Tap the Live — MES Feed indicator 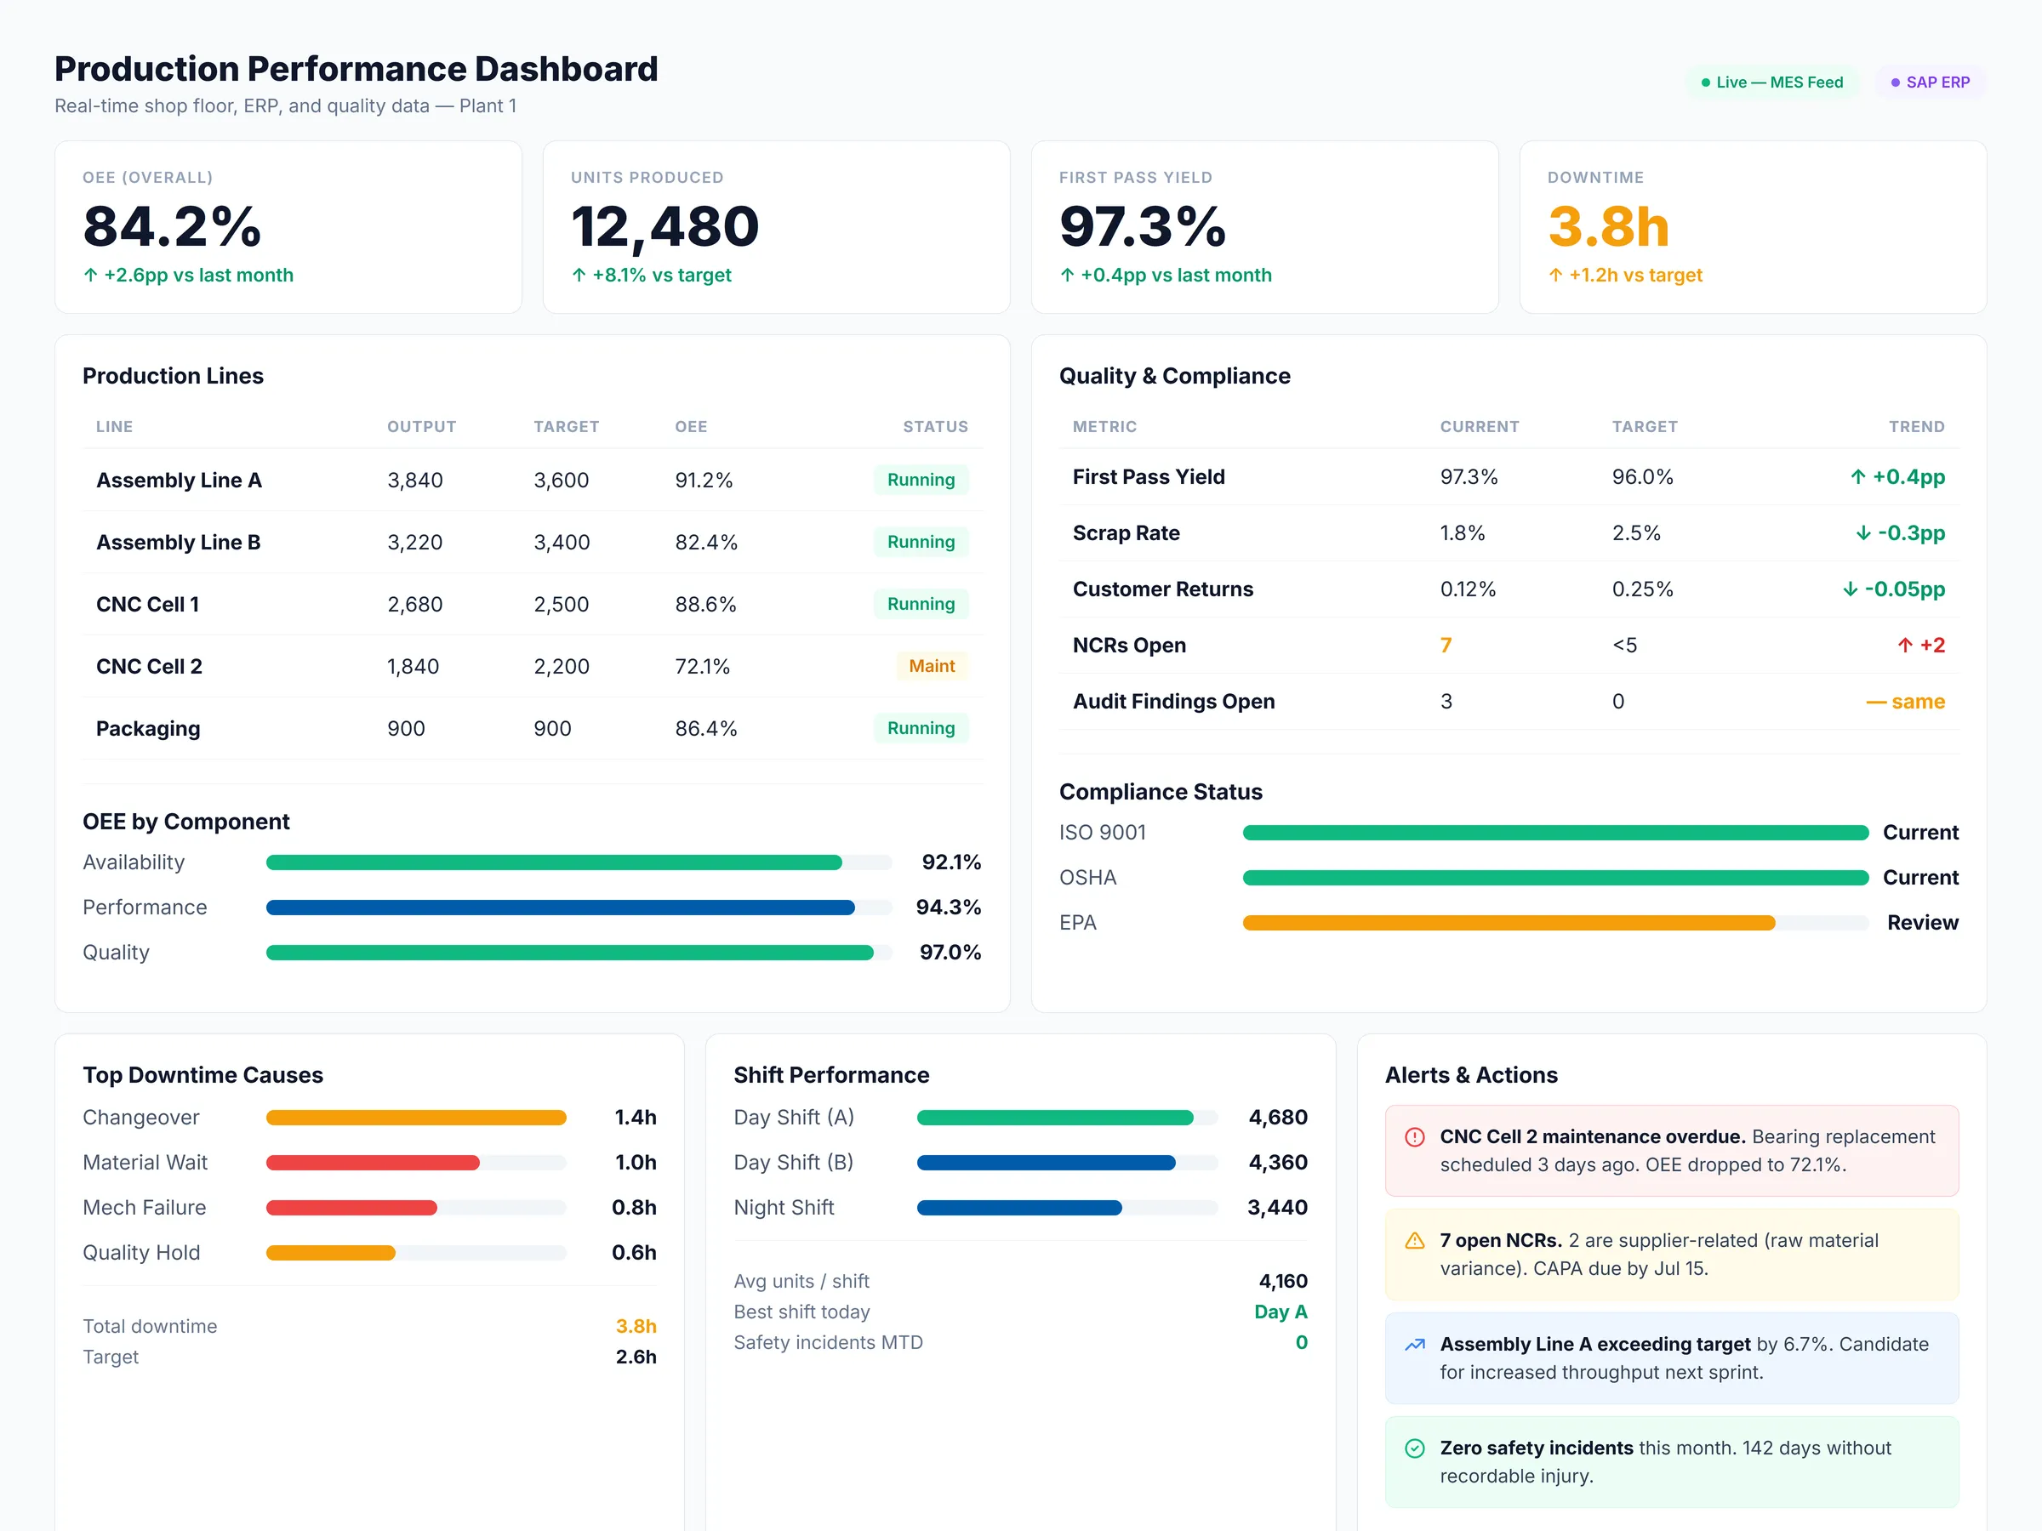[x=1771, y=83]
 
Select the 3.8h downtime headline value [x=1608, y=226]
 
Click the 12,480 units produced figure [x=665, y=226]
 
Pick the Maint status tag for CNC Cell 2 [x=931, y=665]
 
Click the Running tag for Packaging [x=921, y=728]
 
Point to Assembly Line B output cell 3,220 [x=414, y=542]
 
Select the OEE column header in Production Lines [x=691, y=426]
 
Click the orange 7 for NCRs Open [x=1446, y=645]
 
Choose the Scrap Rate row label [x=1126, y=532]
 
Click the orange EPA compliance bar [x=1508, y=923]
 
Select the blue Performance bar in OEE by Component [x=560, y=908]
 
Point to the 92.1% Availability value [x=951, y=862]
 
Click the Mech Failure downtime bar [x=351, y=1207]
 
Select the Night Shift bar [x=1018, y=1207]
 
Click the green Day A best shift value [x=1280, y=1312]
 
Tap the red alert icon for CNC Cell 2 [x=1414, y=1137]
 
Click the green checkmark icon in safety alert [x=1414, y=1448]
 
